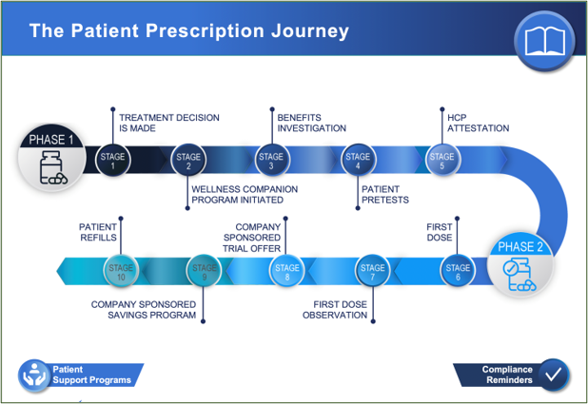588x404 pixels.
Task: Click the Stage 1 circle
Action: (x=113, y=160)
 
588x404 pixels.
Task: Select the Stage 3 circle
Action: (x=272, y=160)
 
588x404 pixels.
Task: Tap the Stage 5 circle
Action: (x=441, y=160)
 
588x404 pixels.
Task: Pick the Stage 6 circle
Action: (x=458, y=272)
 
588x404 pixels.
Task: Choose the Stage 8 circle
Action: (x=287, y=272)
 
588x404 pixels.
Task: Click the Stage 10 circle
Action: (x=121, y=272)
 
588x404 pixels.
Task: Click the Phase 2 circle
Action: (x=519, y=263)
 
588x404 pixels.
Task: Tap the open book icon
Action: (x=544, y=41)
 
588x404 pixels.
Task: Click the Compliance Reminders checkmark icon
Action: (x=552, y=375)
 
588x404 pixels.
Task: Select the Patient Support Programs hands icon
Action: (x=34, y=375)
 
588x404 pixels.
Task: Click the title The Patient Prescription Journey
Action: (x=188, y=31)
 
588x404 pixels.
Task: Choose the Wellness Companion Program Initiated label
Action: (x=244, y=194)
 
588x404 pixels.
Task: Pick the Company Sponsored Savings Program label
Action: (x=143, y=310)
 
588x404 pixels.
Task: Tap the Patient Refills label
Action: (x=98, y=233)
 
